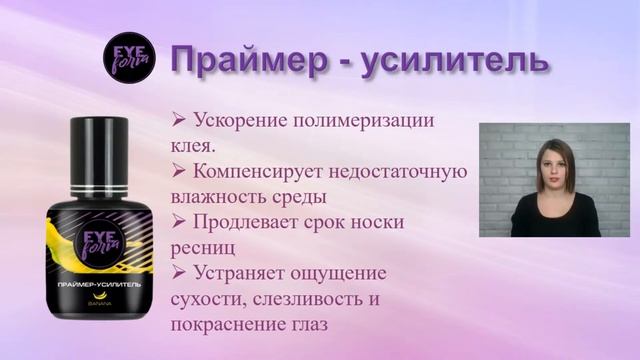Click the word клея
pyautogui.click(x=195, y=144)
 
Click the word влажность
pyautogui.click(x=225, y=195)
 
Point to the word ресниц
pyautogui.click(x=205, y=246)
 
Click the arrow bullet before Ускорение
pyautogui.click(x=180, y=119)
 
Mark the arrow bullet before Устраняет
pyautogui.click(x=180, y=271)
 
